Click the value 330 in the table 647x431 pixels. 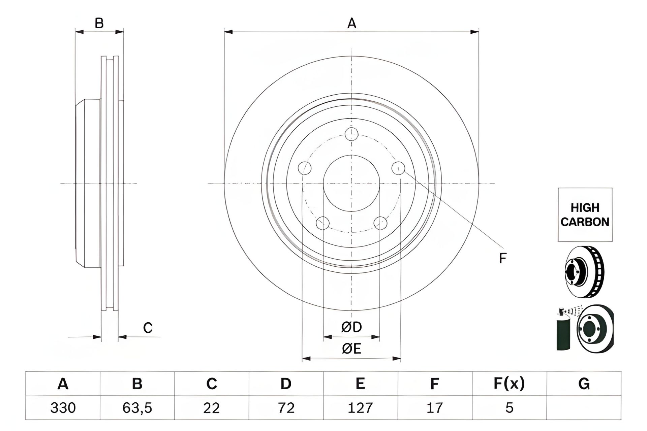coord(63,408)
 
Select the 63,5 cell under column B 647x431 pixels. coord(137,408)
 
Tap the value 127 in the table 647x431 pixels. coord(360,408)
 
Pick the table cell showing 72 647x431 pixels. coord(286,408)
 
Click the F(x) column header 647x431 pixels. coord(509,384)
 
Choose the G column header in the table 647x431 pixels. coord(584,384)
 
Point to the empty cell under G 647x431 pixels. coord(584,408)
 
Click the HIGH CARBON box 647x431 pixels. coord(585,215)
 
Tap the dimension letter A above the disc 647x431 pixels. coord(351,24)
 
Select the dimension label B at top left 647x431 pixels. coord(99,24)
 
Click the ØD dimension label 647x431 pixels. coord(351,327)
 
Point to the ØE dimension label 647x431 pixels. coord(351,349)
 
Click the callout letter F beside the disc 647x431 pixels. coord(502,259)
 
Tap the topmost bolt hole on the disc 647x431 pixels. coord(351,134)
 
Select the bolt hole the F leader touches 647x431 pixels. coord(399,168)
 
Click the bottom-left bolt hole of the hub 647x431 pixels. coord(322,223)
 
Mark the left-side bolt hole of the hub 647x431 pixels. coord(305,168)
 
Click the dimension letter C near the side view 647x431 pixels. coord(148,328)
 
